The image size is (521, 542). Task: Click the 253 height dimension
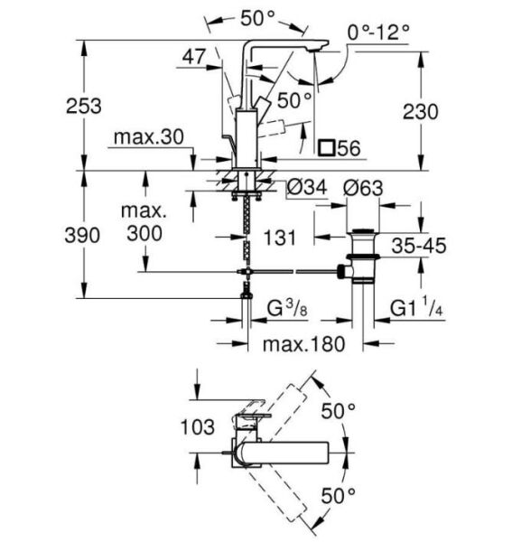click(84, 106)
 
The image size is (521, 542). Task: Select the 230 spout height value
click(420, 111)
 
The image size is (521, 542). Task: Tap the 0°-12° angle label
click(378, 33)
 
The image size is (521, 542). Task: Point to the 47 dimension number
click(194, 56)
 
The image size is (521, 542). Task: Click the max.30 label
click(149, 137)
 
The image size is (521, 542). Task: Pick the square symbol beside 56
click(327, 147)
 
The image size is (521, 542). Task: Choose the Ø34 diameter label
click(307, 188)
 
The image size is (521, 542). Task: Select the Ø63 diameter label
click(364, 189)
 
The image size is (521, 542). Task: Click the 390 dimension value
click(82, 236)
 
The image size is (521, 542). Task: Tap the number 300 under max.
click(144, 233)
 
